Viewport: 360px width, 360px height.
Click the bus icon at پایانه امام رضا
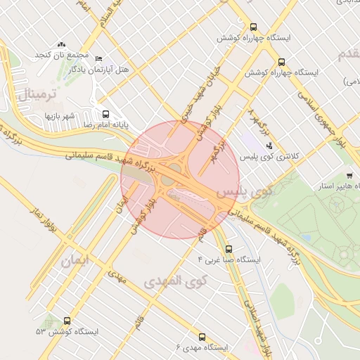click(x=105, y=114)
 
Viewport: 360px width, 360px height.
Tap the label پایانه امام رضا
click(x=89, y=124)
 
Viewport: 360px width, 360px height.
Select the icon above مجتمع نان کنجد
click(x=61, y=44)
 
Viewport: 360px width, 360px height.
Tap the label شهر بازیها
click(x=60, y=115)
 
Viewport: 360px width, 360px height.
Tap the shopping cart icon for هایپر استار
click(x=349, y=175)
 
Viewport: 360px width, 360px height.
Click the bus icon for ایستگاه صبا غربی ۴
click(x=228, y=249)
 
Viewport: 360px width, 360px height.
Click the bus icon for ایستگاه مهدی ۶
click(x=202, y=337)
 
